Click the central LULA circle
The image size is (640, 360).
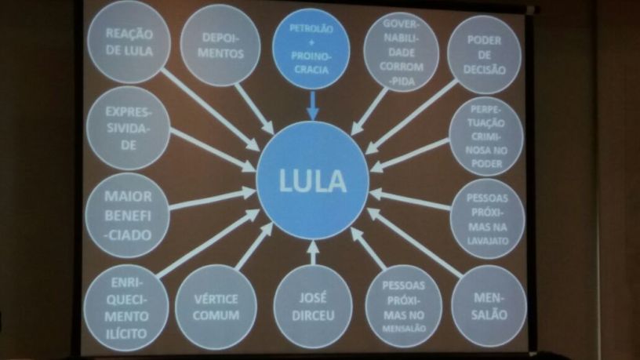point(313,180)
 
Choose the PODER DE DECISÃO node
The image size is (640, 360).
point(484,55)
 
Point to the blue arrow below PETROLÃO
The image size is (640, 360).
point(312,105)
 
